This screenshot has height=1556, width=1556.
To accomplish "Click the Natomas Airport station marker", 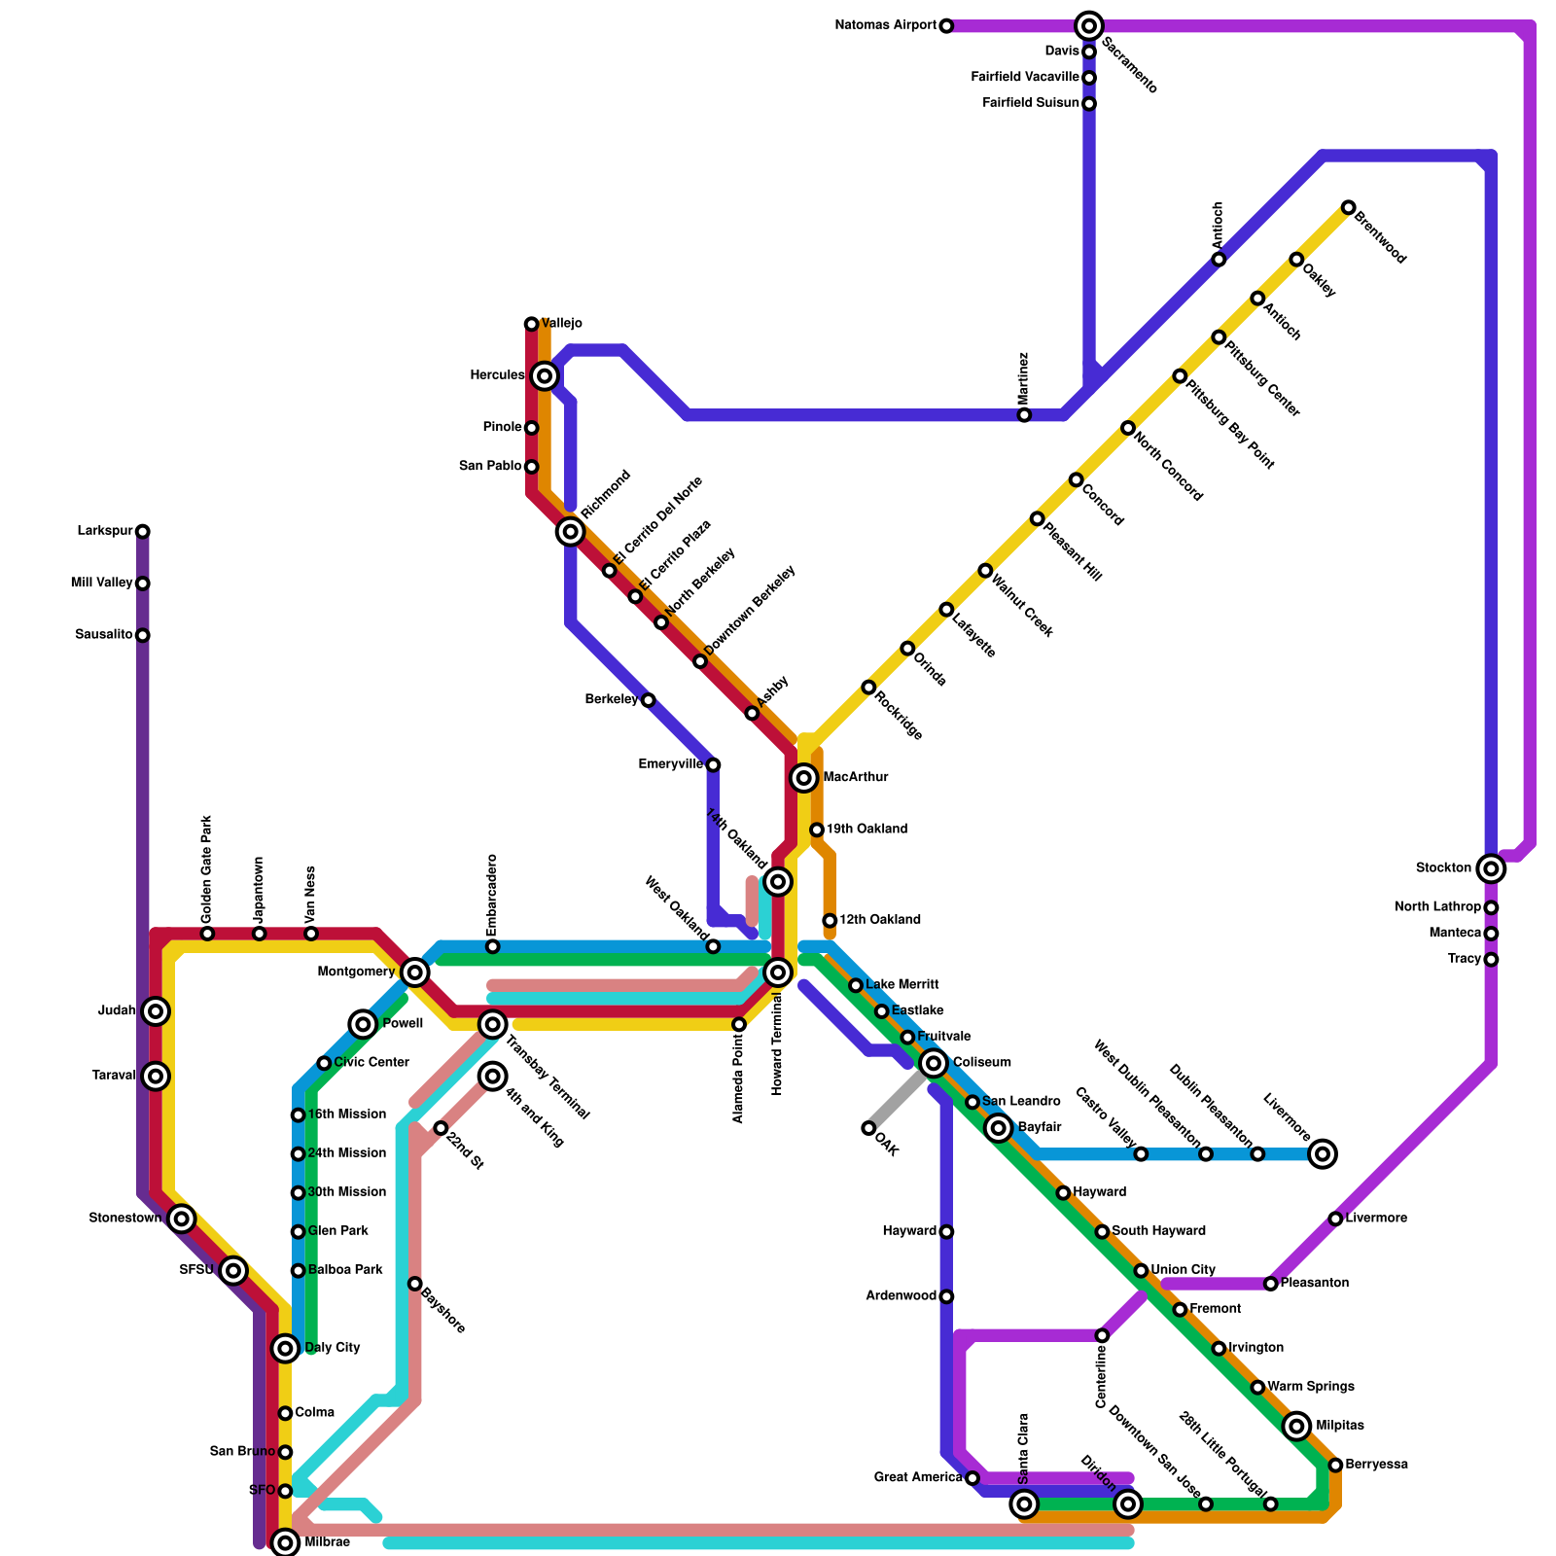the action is tap(946, 25).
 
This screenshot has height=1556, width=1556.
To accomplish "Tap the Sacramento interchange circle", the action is tap(1089, 25).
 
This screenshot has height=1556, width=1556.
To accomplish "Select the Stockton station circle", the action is tap(1491, 867).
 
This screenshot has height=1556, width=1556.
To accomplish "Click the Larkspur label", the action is tap(105, 531).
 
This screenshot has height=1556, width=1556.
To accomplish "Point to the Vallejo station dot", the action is tap(531, 324).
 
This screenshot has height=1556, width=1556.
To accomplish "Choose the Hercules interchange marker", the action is tap(546, 375).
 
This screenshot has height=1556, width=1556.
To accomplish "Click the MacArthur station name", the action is tap(856, 777).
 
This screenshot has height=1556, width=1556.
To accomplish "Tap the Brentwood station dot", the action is tap(1348, 207).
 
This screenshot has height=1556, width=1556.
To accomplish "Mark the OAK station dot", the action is tap(868, 1128).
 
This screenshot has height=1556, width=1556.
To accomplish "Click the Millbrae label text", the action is tap(327, 1542).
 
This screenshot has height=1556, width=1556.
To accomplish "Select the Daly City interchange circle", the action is tap(285, 1348).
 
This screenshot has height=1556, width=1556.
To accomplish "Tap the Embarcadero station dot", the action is tap(493, 946).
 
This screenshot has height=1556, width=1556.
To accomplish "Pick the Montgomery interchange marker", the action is tap(415, 972).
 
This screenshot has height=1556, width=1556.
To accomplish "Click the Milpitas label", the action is tap(1340, 1426).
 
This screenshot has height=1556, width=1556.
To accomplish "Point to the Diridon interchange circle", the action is tap(1128, 1504).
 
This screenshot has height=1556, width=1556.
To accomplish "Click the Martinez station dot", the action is tap(1024, 415).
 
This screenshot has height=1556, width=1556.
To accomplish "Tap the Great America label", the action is tap(918, 1477).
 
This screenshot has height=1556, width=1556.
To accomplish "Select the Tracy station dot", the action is tap(1491, 960).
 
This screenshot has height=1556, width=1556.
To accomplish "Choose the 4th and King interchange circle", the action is tap(493, 1076).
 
